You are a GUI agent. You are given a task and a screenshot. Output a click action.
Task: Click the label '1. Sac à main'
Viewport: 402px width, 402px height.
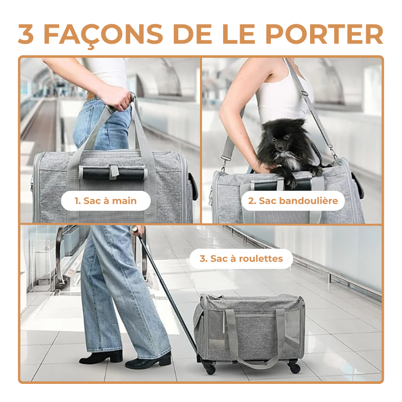[106, 201]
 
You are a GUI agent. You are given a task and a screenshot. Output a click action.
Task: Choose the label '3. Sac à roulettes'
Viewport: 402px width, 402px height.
[241, 259]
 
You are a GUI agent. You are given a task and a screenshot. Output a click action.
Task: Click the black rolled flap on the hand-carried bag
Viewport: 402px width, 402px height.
[113, 173]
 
